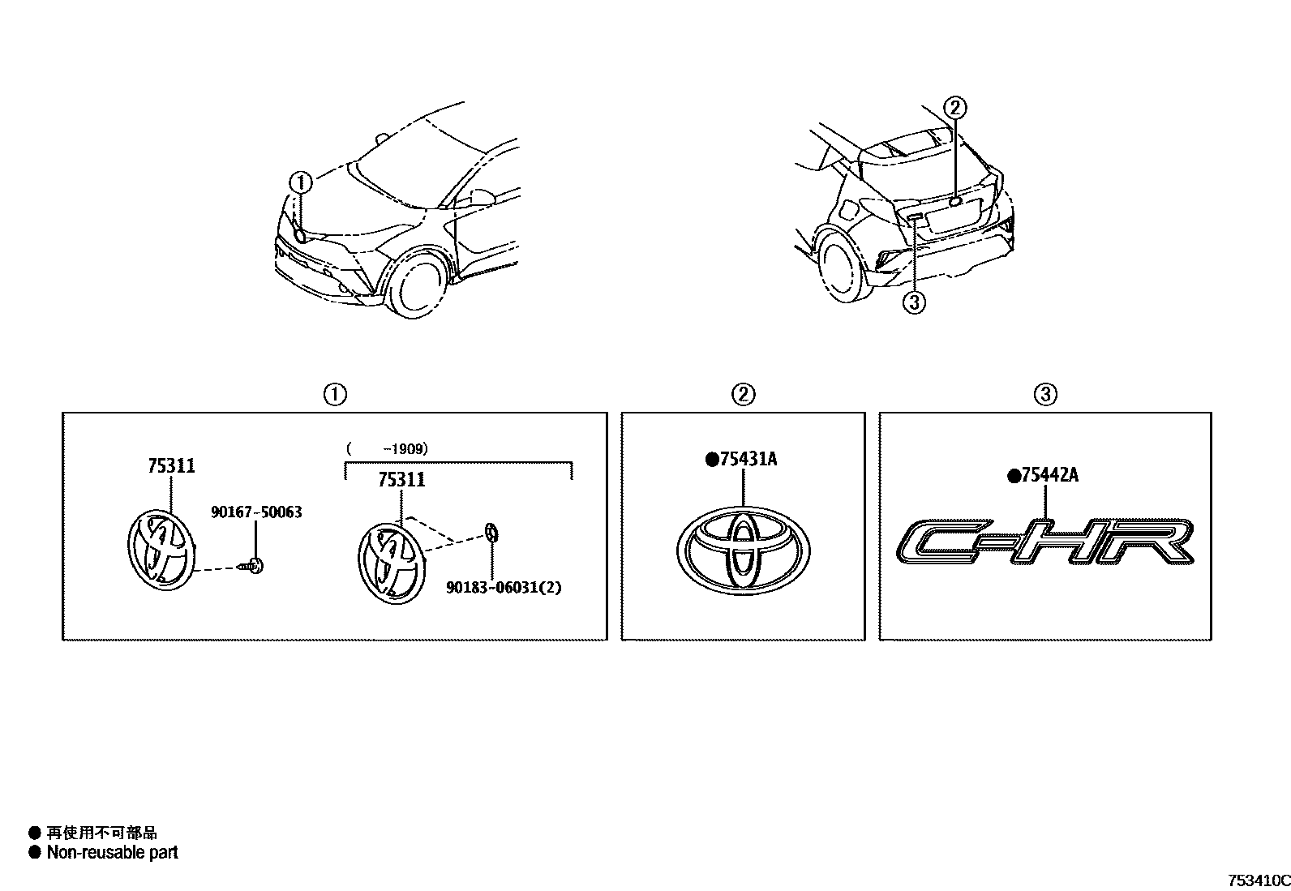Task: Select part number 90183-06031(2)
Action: pyautogui.click(x=503, y=587)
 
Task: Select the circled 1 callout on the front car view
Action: pyautogui.click(x=301, y=183)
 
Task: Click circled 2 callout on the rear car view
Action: pyautogui.click(x=955, y=107)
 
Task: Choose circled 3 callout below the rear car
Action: pyautogui.click(x=914, y=302)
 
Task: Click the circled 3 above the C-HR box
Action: pyautogui.click(x=1045, y=395)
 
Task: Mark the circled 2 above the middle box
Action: pyautogui.click(x=743, y=395)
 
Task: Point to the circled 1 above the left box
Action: pyautogui.click(x=334, y=395)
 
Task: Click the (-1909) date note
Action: pyautogui.click(x=387, y=448)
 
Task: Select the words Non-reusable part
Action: pyautogui.click(x=112, y=852)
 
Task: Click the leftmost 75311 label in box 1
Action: pyautogui.click(x=171, y=466)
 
